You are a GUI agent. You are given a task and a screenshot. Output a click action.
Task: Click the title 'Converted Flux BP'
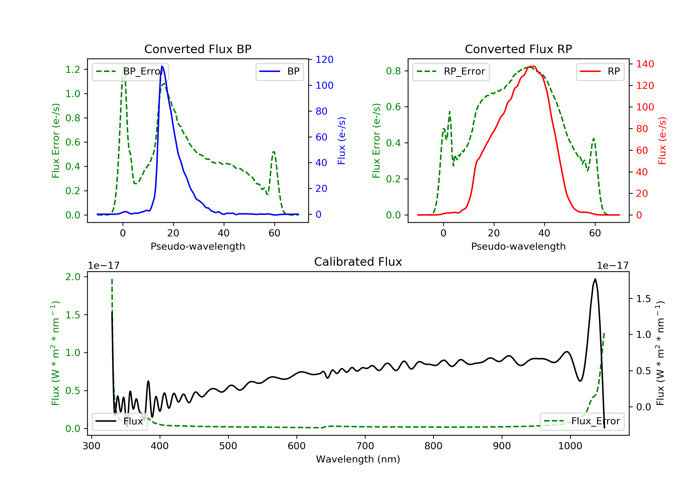[x=198, y=49]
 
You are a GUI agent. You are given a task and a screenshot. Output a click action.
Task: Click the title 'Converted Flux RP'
[x=518, y=49]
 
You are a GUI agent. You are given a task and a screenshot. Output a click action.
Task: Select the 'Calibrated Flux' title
[x=358, y=262]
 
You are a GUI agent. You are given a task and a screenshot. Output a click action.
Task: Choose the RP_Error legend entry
[x=451, y=72]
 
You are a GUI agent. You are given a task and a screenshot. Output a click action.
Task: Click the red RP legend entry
[x=600, y=72]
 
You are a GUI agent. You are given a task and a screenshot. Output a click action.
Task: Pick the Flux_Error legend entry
[x=582, y=421]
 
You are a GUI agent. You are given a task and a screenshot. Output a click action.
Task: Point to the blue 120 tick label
[x=325, y=60]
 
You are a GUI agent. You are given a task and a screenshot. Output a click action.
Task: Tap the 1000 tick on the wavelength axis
[x=570, y=446]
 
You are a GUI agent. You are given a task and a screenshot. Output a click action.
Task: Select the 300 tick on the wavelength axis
[x=91, y=446]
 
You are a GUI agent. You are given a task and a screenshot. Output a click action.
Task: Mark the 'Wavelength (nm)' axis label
[x=358, y=459]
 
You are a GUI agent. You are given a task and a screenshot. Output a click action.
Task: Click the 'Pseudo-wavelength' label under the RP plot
[x=518, y=246]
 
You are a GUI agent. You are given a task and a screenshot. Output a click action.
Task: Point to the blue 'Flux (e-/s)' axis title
[x=342, y=141]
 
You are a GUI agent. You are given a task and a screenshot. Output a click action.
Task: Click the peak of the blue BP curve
[x=162, y=66]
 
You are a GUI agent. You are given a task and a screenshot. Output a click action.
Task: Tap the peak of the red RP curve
[x=534, y=66]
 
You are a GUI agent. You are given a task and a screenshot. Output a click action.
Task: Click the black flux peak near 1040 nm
[x=595, y=279]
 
